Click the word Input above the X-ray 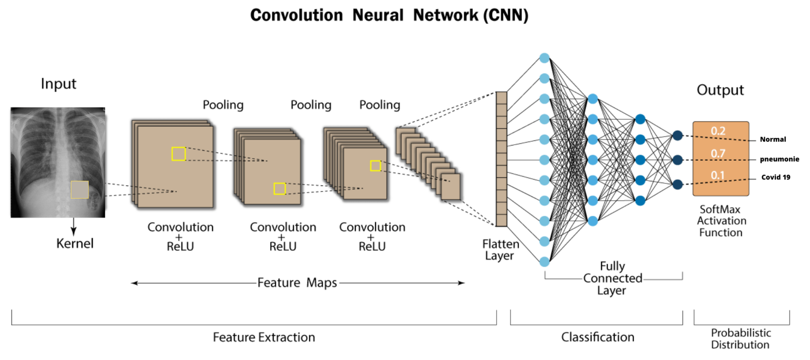[59, 84]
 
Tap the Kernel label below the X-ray [75, 243]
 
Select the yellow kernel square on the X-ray [80, 190]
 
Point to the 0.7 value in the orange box [718, 153]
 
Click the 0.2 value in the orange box [718, 131]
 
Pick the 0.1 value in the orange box [717, 175]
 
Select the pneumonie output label [779, 159]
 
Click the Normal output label [773, 139]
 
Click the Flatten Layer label [500, 250]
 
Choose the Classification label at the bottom [597, 337]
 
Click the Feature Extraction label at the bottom [264, 337]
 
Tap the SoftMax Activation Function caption [721, 221]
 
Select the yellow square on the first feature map [178, 154]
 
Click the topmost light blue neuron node [544, 58]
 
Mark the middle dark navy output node [677, 160]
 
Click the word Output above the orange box [720, 90]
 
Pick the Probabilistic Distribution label [740, 339]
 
